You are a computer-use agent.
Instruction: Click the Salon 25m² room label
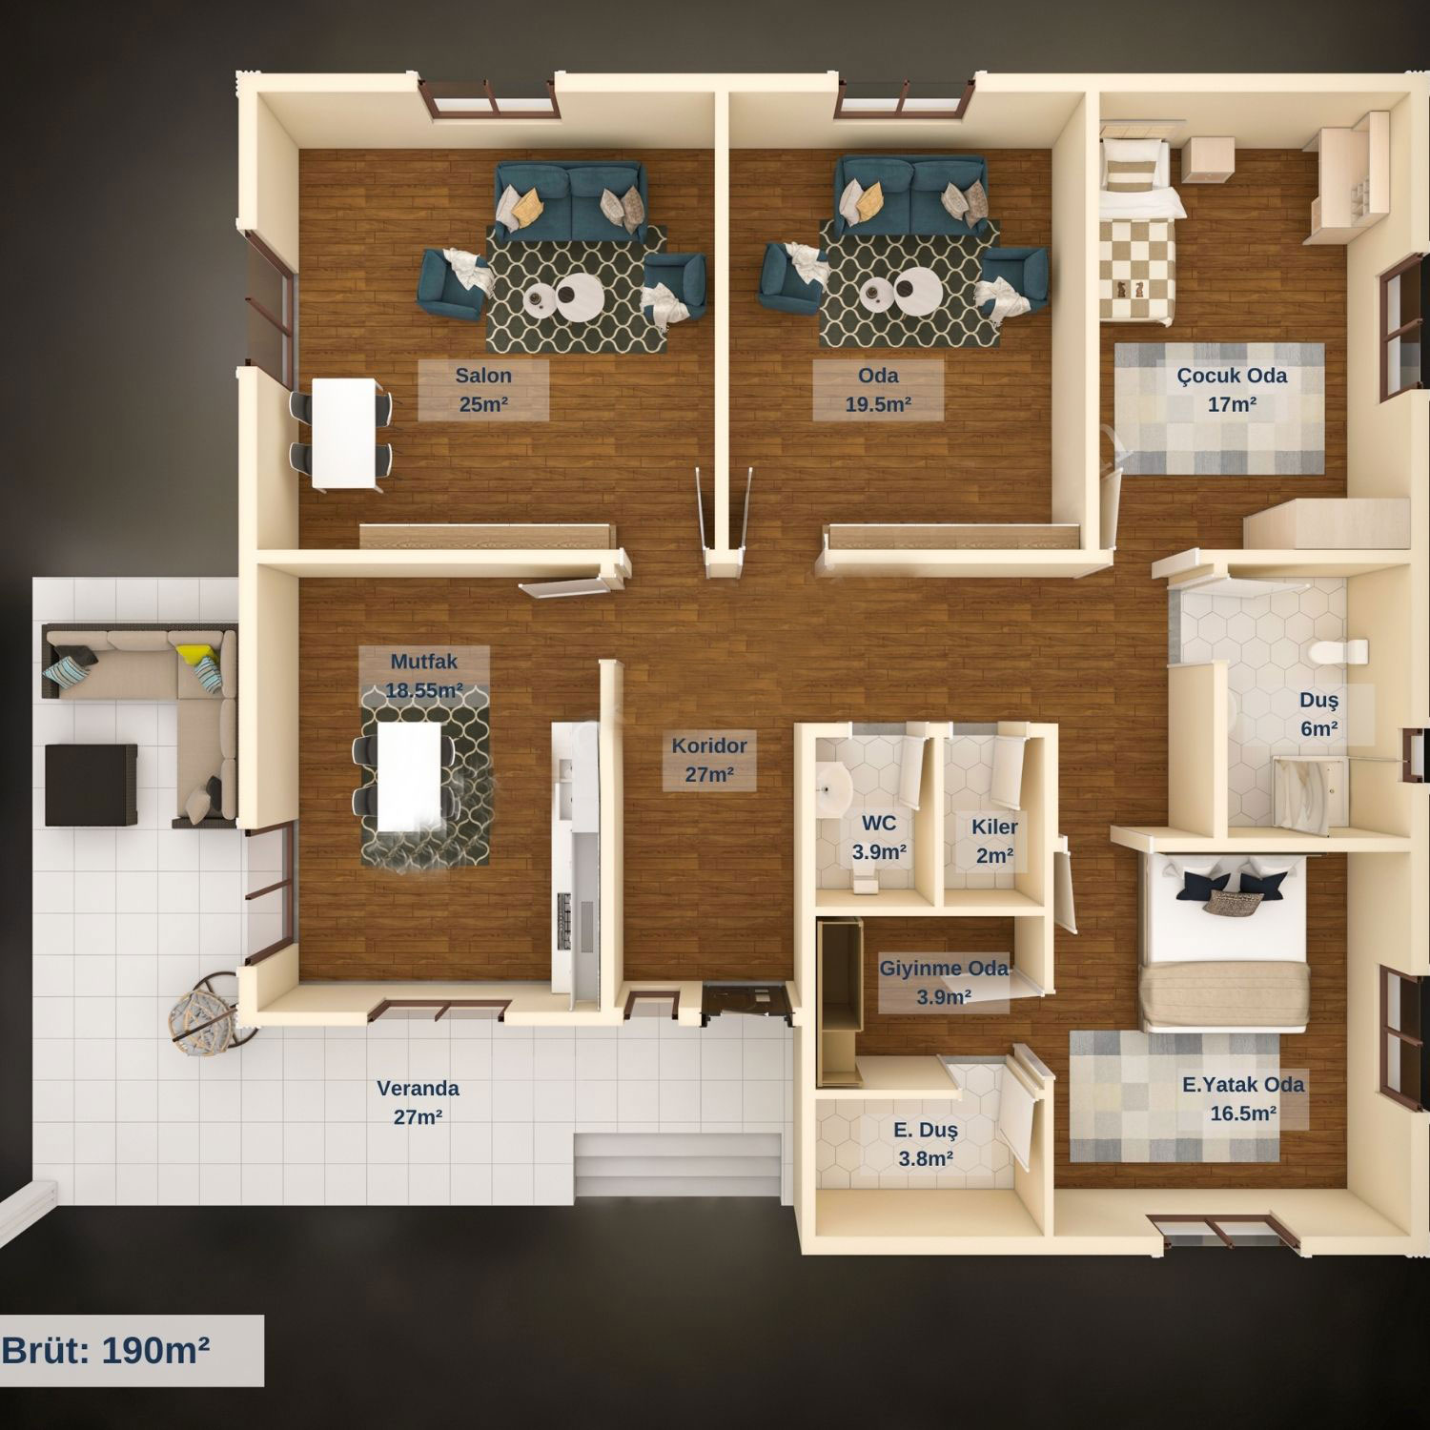click(x=483, y=389)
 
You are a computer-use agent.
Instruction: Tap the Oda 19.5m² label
click(x=878, y=389)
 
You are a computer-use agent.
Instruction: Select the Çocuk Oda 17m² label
click(x=1232, y=389)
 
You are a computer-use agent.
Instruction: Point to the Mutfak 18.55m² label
click(x=424, y=675)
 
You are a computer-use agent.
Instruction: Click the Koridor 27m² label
click(x=709, y=760)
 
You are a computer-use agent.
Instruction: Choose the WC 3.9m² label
click(x=879, y=837)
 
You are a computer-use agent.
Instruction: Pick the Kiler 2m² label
click(x=994, y=841)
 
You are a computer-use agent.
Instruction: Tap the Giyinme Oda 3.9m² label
click(x=944, y=982)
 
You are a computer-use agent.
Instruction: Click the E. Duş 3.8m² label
click(x=925, y=1144)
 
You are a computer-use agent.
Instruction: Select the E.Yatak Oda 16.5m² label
click(x=1243, y=1098)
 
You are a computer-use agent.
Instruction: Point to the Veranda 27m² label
click(x=418, y=1102)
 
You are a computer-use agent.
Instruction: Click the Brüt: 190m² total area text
click(x=106, y=1350)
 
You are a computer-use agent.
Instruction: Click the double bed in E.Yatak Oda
click(x=1226, y=944)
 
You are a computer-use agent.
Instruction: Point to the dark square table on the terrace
click(x=91, y=785)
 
